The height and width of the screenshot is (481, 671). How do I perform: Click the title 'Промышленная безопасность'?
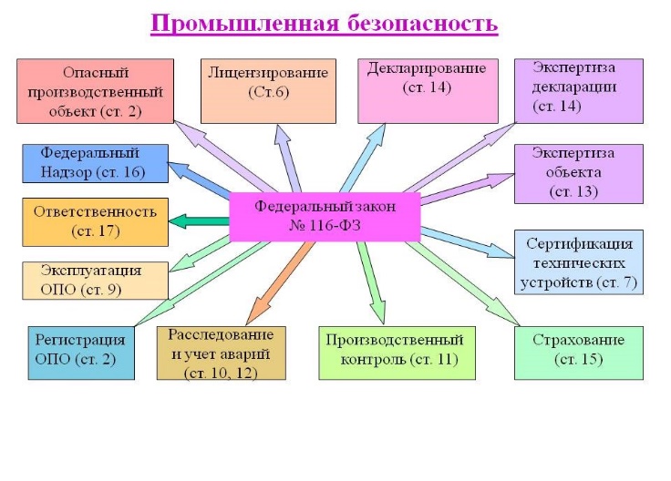(x=324, y=24)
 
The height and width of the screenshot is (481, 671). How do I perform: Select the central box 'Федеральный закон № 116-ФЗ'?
(x=325, y=217)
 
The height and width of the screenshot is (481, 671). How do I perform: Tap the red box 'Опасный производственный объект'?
(x=95, y=91)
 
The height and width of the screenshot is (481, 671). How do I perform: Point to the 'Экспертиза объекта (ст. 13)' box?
(x=577, y=173)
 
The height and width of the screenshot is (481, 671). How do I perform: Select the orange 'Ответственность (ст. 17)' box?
(x=95, y=221)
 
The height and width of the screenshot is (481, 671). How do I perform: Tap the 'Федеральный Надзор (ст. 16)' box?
(x=95, y=164)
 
